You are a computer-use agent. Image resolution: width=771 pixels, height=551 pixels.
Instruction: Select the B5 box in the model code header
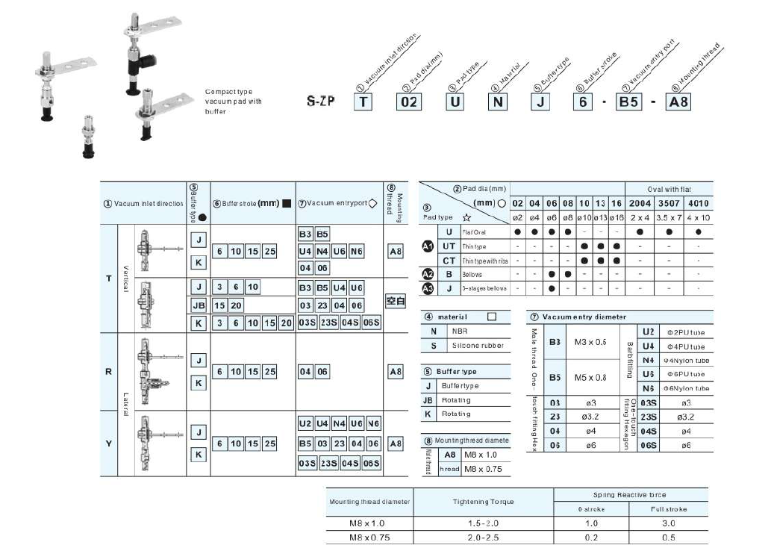[x=628, y=100]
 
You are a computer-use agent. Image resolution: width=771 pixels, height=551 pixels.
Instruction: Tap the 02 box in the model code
[x=408, y=100]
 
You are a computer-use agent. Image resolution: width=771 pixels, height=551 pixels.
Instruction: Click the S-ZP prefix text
[x=321, y=101]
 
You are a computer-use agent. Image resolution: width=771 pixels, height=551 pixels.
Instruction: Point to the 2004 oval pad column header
[x=640, y=203]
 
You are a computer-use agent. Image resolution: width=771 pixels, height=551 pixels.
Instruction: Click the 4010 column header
[x=698, y=203]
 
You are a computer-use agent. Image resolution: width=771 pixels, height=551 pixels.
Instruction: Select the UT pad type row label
[x=449, y=246]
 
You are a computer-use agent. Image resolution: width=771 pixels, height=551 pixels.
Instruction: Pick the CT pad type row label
[x=449, y=260]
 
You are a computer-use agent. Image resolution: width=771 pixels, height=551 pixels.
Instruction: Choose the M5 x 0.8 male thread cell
[x=590, y=377]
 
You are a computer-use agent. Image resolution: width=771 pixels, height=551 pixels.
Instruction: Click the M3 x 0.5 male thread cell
[x=590, y=341]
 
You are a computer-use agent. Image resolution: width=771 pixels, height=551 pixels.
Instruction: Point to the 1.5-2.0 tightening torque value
[x=483, y=523]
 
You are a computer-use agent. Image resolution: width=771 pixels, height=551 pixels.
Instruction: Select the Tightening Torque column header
[x=483, y=502]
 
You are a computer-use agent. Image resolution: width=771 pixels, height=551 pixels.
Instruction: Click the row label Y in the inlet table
[x=109, y=443]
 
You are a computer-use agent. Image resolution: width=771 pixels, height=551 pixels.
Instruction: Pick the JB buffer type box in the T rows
[x=198, y=306]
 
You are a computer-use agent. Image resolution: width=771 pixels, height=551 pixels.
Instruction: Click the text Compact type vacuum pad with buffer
[x=234, y=102]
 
